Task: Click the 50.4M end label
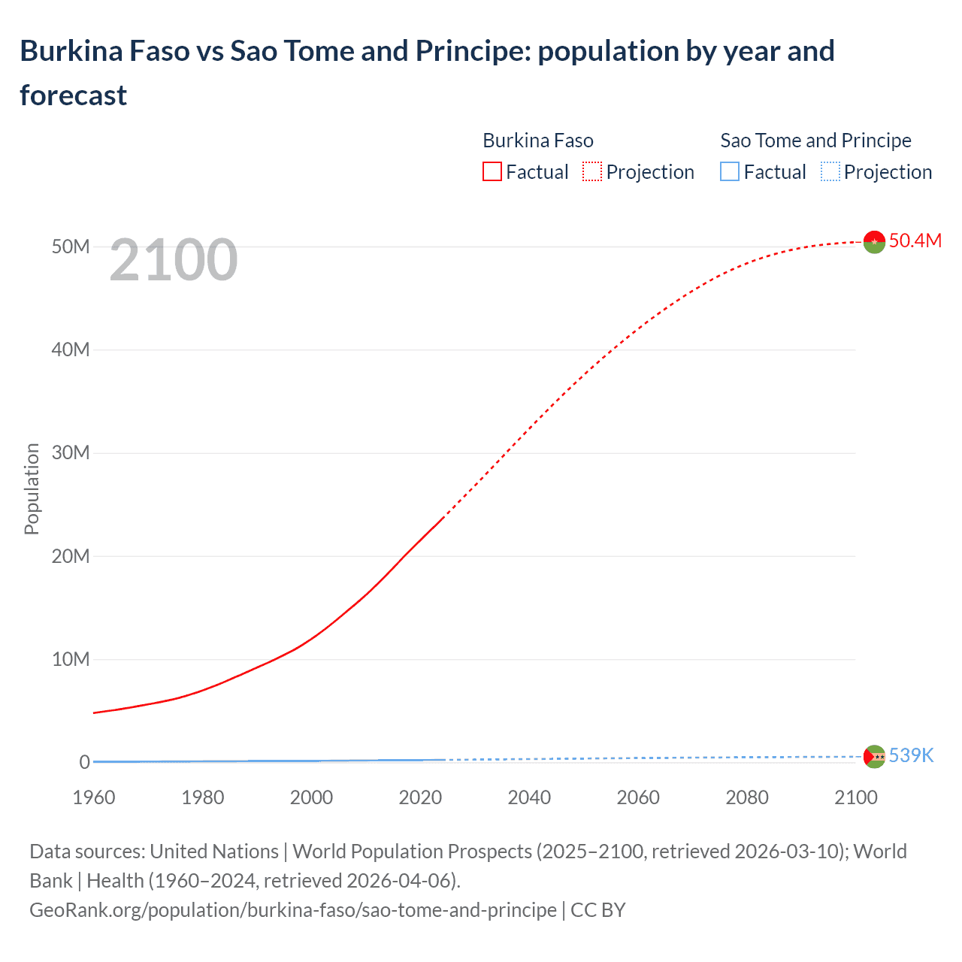click(x=915, y=240)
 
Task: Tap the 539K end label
click(x=911, y=755)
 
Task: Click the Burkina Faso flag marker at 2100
click(x=874, y=242)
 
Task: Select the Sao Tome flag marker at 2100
click(x=874, y=756)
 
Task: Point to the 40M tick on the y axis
click(x=71, y=349)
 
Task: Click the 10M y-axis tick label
click(x=71, y=659)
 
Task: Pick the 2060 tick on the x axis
click(x=638, y=797)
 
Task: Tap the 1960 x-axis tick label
click(x=94, y=797)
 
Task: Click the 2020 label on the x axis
click(x=420, y=797)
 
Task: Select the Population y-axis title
click(x=32, y=489)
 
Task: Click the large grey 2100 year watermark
click(x=174, y=260)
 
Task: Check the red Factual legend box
click(x=492, y=172)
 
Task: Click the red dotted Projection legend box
click(x=592, y=172)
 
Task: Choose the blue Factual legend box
click(x=730, y=172)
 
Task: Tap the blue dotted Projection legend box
click(x=830, y=172)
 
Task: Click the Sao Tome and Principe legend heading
click(x=815, y=141)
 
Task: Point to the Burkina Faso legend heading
click(x=538, y=141)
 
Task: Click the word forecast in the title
click(x=74, y=95)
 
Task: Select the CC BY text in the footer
click(x=598, y=909)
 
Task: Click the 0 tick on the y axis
click(x=85, y=762)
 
